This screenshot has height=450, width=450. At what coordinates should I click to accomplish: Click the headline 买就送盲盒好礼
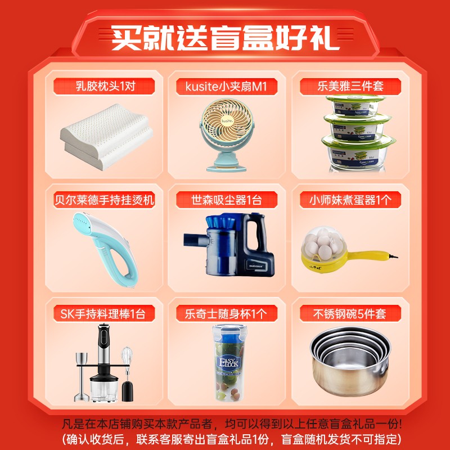(226, 38)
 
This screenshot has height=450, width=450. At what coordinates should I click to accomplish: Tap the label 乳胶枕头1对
(105, 86)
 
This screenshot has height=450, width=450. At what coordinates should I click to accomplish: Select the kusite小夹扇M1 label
(226, 86)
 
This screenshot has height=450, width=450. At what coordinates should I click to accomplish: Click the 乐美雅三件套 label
(350, 86)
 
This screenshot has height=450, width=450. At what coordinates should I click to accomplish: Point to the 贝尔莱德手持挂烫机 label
(104, 200)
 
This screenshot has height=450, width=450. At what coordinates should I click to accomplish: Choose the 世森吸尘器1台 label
(227, 200)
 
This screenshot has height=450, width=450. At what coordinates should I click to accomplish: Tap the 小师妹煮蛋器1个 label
(350, 200)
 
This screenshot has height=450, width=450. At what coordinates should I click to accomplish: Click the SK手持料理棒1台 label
(103, 314)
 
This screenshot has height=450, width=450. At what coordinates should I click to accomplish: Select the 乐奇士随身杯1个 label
(226, 314)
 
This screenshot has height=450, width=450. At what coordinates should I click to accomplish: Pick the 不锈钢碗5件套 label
(349, 314)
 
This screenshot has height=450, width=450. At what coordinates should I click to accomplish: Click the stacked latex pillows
(106, 137)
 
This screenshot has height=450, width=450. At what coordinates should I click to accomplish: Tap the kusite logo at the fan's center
(227, 120)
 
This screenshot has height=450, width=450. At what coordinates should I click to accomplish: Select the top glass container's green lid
(355, 99)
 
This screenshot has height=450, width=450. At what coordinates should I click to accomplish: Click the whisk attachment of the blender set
(127, 359)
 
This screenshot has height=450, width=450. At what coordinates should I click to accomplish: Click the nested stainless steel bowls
(350, 362)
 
